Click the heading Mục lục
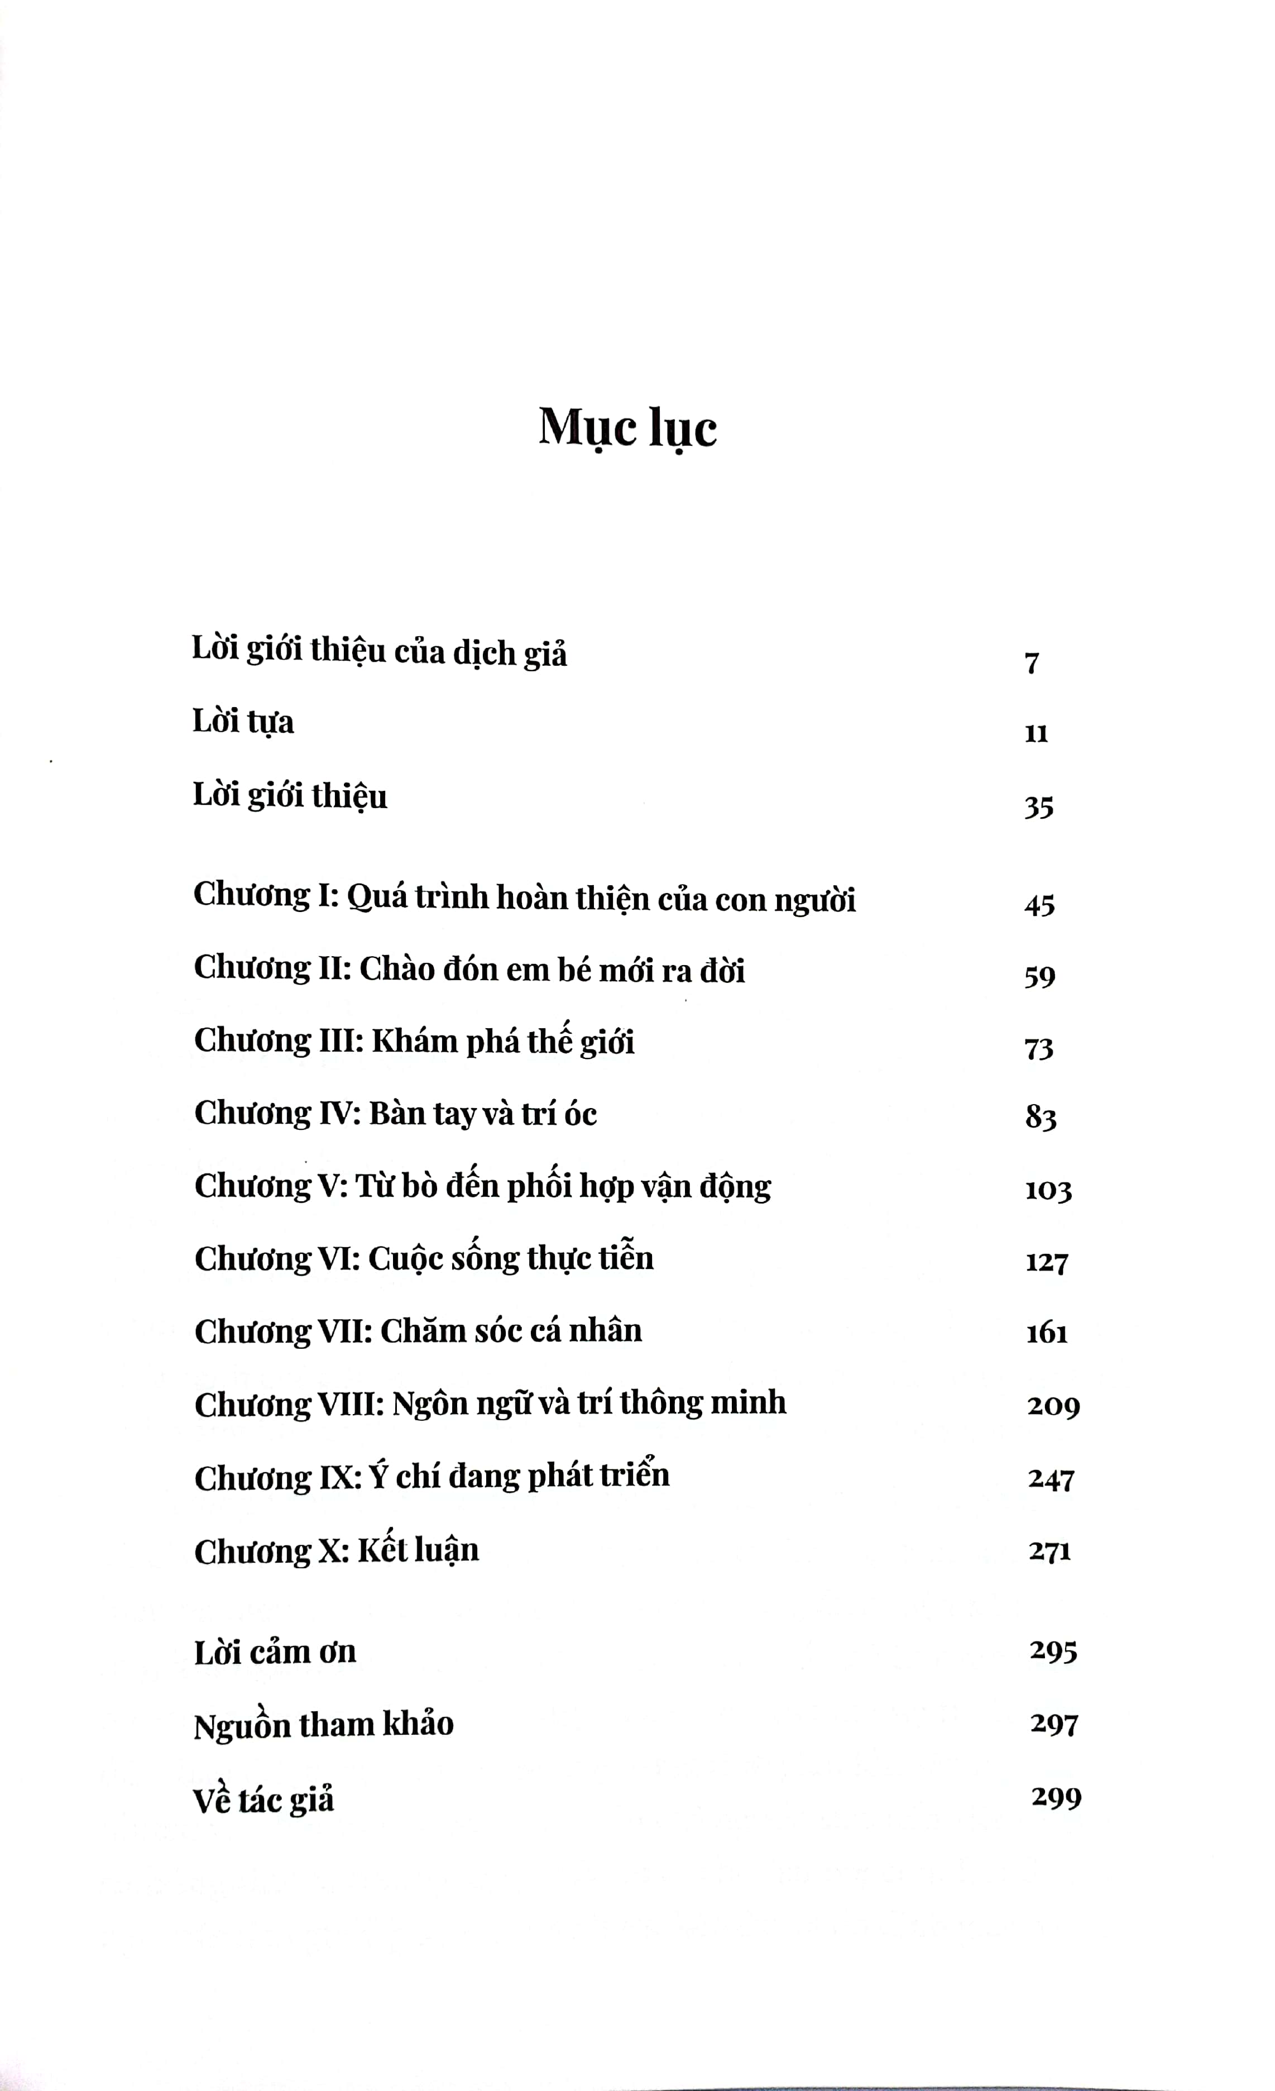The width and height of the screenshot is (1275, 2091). [x=628, y=428]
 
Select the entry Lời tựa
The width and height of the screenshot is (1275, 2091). [x=243, y=722]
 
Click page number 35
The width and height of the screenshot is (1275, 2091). [x=1038, y=807]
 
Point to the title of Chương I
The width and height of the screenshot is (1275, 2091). [x=601, y=899]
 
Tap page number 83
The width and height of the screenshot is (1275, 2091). [x=1040, y=1117]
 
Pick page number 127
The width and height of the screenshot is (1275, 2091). [x=1047, y=1262]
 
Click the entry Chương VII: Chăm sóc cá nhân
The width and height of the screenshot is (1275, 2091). [x=418, y=1331]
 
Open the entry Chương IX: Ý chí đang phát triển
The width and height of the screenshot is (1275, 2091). [x=432, y=1477]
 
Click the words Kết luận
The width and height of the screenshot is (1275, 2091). [x=418, y=1550]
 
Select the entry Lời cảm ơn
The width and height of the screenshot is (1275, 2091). [x=275, y=1652]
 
